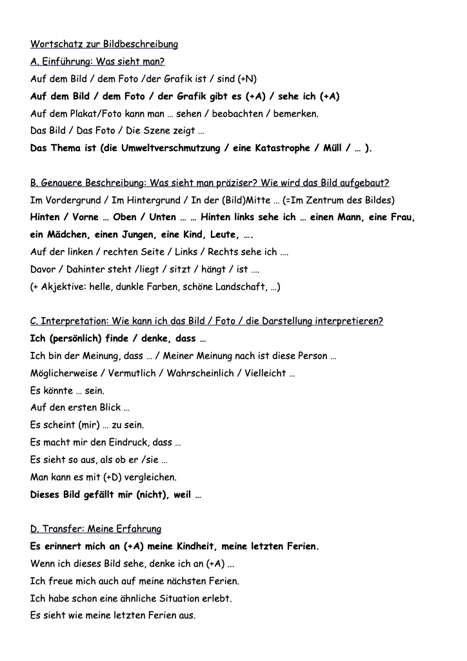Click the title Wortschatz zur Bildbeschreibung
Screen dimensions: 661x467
click(x=104, y=45)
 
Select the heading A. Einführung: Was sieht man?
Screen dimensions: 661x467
click(x=97, y=62)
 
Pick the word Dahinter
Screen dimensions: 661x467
click(x=84, y=269)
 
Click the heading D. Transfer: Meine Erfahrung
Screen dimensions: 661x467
click(x=95, y=529)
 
